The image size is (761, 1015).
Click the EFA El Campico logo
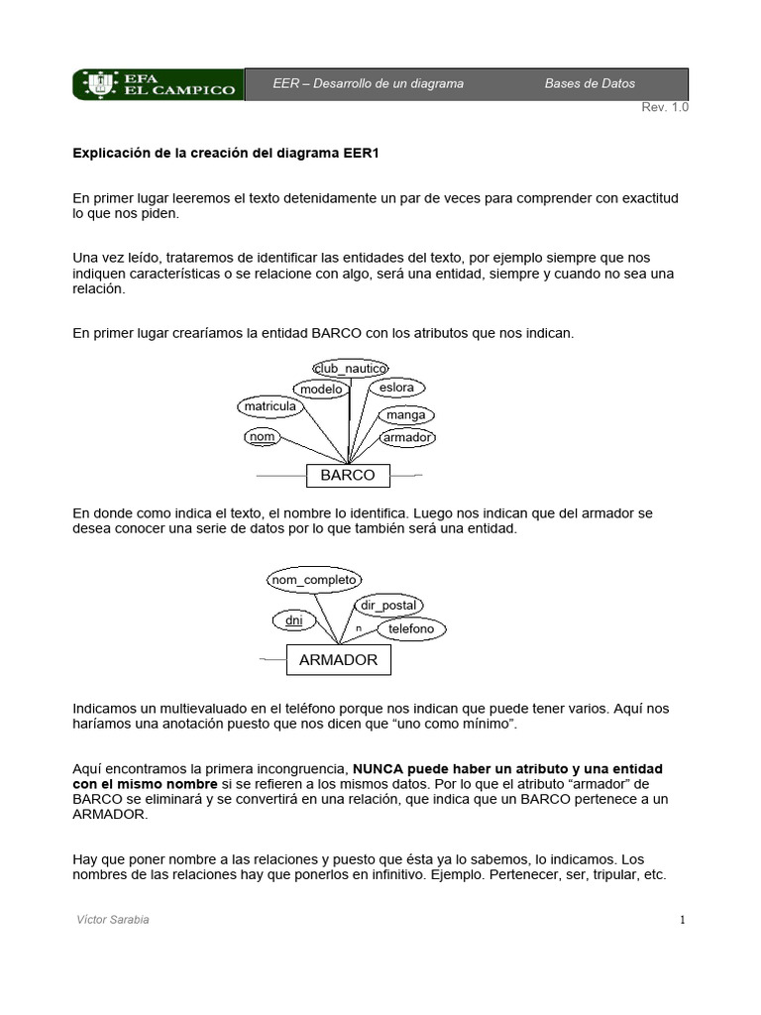pos(158,84)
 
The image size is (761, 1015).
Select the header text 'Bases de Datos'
pos(590,84)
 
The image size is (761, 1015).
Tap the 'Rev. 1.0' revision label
pos(664,108)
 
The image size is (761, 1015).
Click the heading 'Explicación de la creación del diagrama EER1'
pos(226,154)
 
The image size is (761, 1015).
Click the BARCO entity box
pos(348,476)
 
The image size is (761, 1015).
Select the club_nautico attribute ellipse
pos(349,369)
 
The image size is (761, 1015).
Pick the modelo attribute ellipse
pos(321,390)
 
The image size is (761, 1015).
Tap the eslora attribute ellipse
pos(396,388)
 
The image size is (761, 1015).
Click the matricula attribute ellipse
pos(270,406)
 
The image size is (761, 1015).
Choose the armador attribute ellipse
pos(408,437)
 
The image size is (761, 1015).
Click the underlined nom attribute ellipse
pos(262,437)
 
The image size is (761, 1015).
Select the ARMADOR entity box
pos(339,660)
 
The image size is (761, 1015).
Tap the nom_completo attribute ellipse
pos(314,580)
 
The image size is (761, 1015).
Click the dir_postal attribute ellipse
pos(388,606)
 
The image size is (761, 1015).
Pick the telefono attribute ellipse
pos(411,629)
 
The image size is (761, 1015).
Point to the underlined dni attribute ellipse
pos(293,621)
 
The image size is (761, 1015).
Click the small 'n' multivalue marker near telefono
pos(358,629)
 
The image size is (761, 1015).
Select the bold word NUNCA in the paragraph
pos(380,769)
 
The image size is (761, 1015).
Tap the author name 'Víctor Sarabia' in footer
pos(113,920)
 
